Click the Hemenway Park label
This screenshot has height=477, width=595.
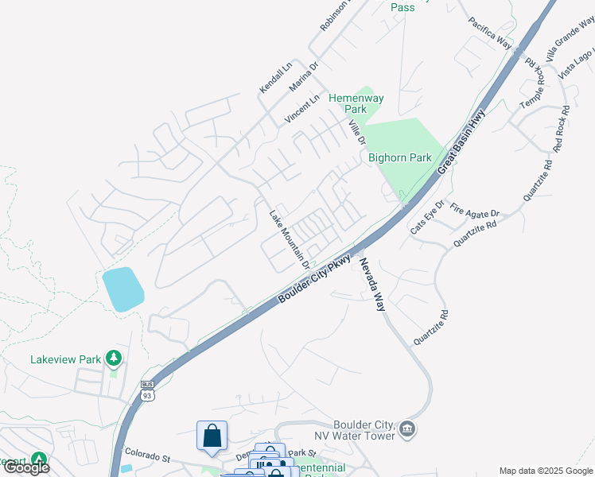356,103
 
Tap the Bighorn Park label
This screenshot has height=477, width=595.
399,157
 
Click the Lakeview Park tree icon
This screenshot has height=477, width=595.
115,359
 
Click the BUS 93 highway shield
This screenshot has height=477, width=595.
146,390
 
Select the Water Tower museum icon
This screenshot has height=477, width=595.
407,429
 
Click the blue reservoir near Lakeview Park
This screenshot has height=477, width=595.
122,289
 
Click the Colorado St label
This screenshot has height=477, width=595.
148,456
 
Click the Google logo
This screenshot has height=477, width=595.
25,467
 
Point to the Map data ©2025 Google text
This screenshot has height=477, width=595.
545,470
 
